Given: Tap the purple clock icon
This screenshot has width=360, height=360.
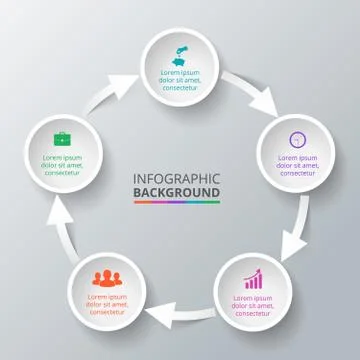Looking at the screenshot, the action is [295, 140].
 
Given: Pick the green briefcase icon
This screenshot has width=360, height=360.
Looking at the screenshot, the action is [61, 139].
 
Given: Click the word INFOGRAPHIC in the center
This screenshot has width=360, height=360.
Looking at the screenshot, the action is [176, 179].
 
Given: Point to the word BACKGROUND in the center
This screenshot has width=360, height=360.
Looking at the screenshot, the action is [176, 192].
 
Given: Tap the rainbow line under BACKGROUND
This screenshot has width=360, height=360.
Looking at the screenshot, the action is [176, 202].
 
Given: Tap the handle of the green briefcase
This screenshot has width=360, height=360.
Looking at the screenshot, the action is [61, 133].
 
